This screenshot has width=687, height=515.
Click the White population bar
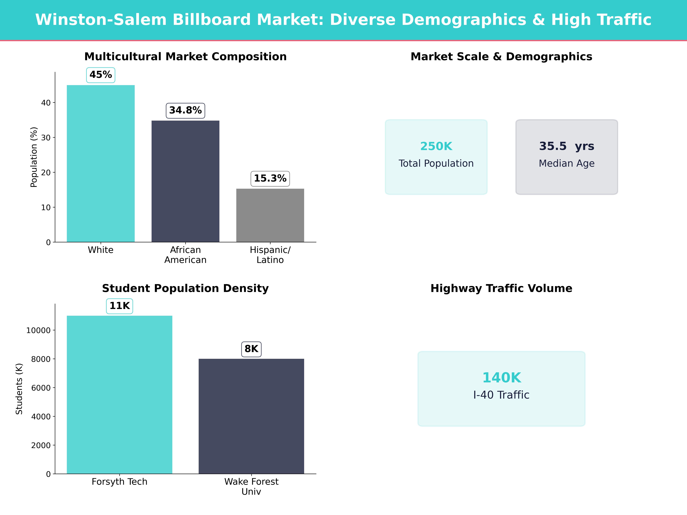101,164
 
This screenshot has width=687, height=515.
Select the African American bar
185,181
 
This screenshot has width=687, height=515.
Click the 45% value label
101,75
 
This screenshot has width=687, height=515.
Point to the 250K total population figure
436,146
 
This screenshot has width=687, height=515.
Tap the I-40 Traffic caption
501,395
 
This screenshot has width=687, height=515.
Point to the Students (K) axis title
19,389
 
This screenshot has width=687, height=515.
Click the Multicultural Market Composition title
185,57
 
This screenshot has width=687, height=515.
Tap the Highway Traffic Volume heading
501,288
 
